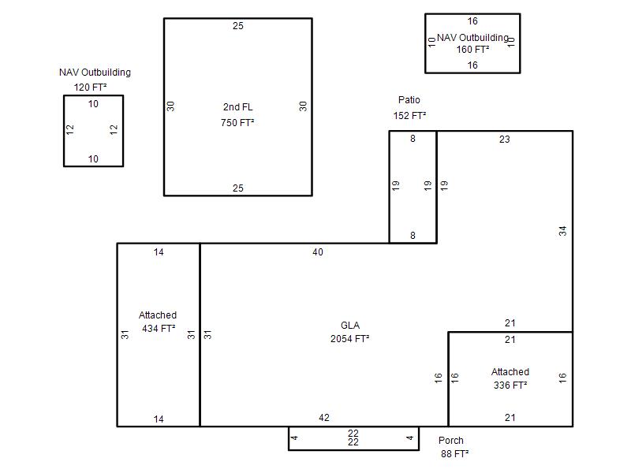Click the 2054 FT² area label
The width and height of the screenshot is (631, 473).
click(x=349, y=339)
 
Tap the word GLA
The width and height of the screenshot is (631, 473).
click(x=350, y=325)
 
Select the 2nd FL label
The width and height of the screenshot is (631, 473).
click(x=238, y=107)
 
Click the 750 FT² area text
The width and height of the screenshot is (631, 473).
click(x=237, y=123)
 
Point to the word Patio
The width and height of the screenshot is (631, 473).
click(x=409, y=100)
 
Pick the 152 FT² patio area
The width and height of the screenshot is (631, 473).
click(x=409, y=115)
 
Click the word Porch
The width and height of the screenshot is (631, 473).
click(x=451, y=441)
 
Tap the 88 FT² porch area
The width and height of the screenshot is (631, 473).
click(x=455, y=454)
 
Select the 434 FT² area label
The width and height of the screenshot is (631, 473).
click(x=159, y=329)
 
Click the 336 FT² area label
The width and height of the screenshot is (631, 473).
click(x=510, y=385)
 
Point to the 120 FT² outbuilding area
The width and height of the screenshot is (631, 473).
click(x=90, y=88)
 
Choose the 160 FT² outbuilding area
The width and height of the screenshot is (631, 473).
click(x=472, y=50)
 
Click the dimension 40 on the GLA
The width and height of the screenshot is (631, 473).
click(x=318, y=252)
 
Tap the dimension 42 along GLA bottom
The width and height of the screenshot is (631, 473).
click(x=324, y=418)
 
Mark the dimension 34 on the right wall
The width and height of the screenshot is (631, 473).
click(x=562, y=231)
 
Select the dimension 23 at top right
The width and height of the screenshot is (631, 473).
click(x=505, y=140)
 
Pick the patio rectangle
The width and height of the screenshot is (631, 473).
click(x=389, y=187)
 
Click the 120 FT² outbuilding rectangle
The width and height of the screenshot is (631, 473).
click(x=64, y=131)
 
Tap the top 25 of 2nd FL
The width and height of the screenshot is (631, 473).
click(x=238, y=26)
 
